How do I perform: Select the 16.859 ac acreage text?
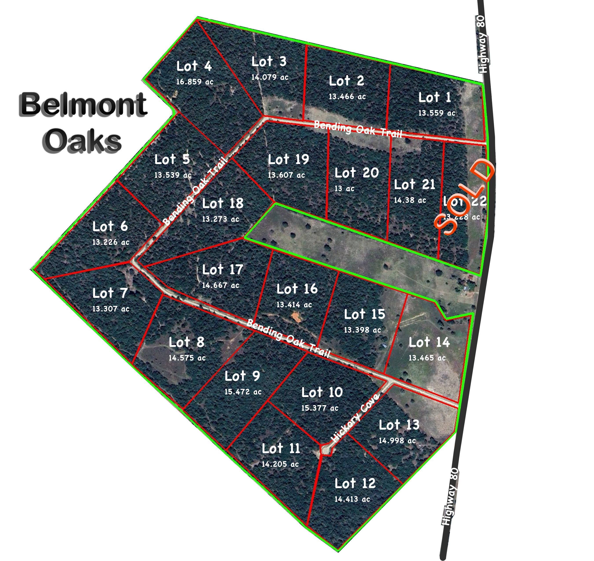pos(195,82)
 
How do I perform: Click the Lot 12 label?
pos(355,484)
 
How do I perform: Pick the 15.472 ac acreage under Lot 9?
pos(243,392)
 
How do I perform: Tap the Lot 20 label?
pos(357,173)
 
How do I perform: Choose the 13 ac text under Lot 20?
pos(344,189)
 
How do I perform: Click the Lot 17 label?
pos(222,270)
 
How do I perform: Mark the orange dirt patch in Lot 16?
pos(297,317)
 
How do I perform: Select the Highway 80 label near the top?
pos(482,44)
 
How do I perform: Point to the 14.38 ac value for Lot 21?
pos(410,200)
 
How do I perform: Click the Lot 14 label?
pos(429,342)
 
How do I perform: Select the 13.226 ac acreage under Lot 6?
pos(111,242)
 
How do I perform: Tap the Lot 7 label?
pos(110,293)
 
